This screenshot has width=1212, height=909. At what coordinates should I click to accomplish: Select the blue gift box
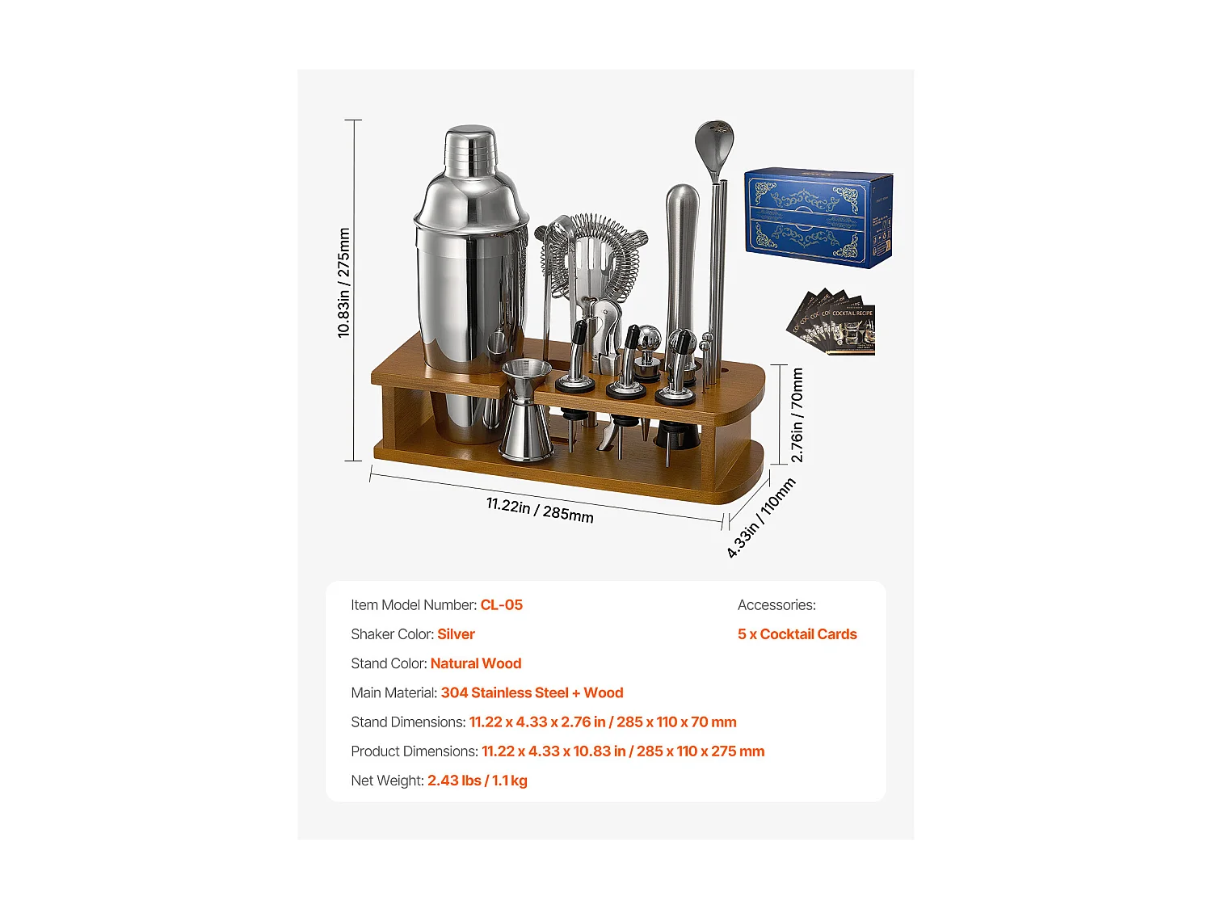(x=818, y=217)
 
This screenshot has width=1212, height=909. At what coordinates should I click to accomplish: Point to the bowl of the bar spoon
(x=714, y=144)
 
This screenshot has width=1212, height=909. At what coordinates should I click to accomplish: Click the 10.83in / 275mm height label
(x=344, y=283)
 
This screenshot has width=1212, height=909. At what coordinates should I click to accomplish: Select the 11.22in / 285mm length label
(x=540, y=510)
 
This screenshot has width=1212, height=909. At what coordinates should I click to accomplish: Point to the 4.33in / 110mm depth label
(x=760, y=518)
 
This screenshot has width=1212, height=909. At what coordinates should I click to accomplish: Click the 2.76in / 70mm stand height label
(x=797, y=415)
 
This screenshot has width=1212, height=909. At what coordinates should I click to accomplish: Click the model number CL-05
(x=501, y=605)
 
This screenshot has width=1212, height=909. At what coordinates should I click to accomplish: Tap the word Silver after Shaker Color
(x=456, y=634)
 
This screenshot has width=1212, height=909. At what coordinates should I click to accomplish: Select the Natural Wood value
(x=476, y=663)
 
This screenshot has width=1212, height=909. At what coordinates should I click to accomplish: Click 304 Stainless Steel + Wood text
(x=532, y=692)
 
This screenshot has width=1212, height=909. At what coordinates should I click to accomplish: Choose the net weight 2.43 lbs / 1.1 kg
(x=477, y=781)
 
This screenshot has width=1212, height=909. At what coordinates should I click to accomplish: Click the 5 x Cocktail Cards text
(x=797, y=634)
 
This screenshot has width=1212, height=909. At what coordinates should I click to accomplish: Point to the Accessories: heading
(x=776, y=605)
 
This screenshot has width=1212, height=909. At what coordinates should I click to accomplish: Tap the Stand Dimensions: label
(x=408, y=722)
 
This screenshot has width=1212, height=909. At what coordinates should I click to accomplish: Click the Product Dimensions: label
(x=415, y=751)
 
